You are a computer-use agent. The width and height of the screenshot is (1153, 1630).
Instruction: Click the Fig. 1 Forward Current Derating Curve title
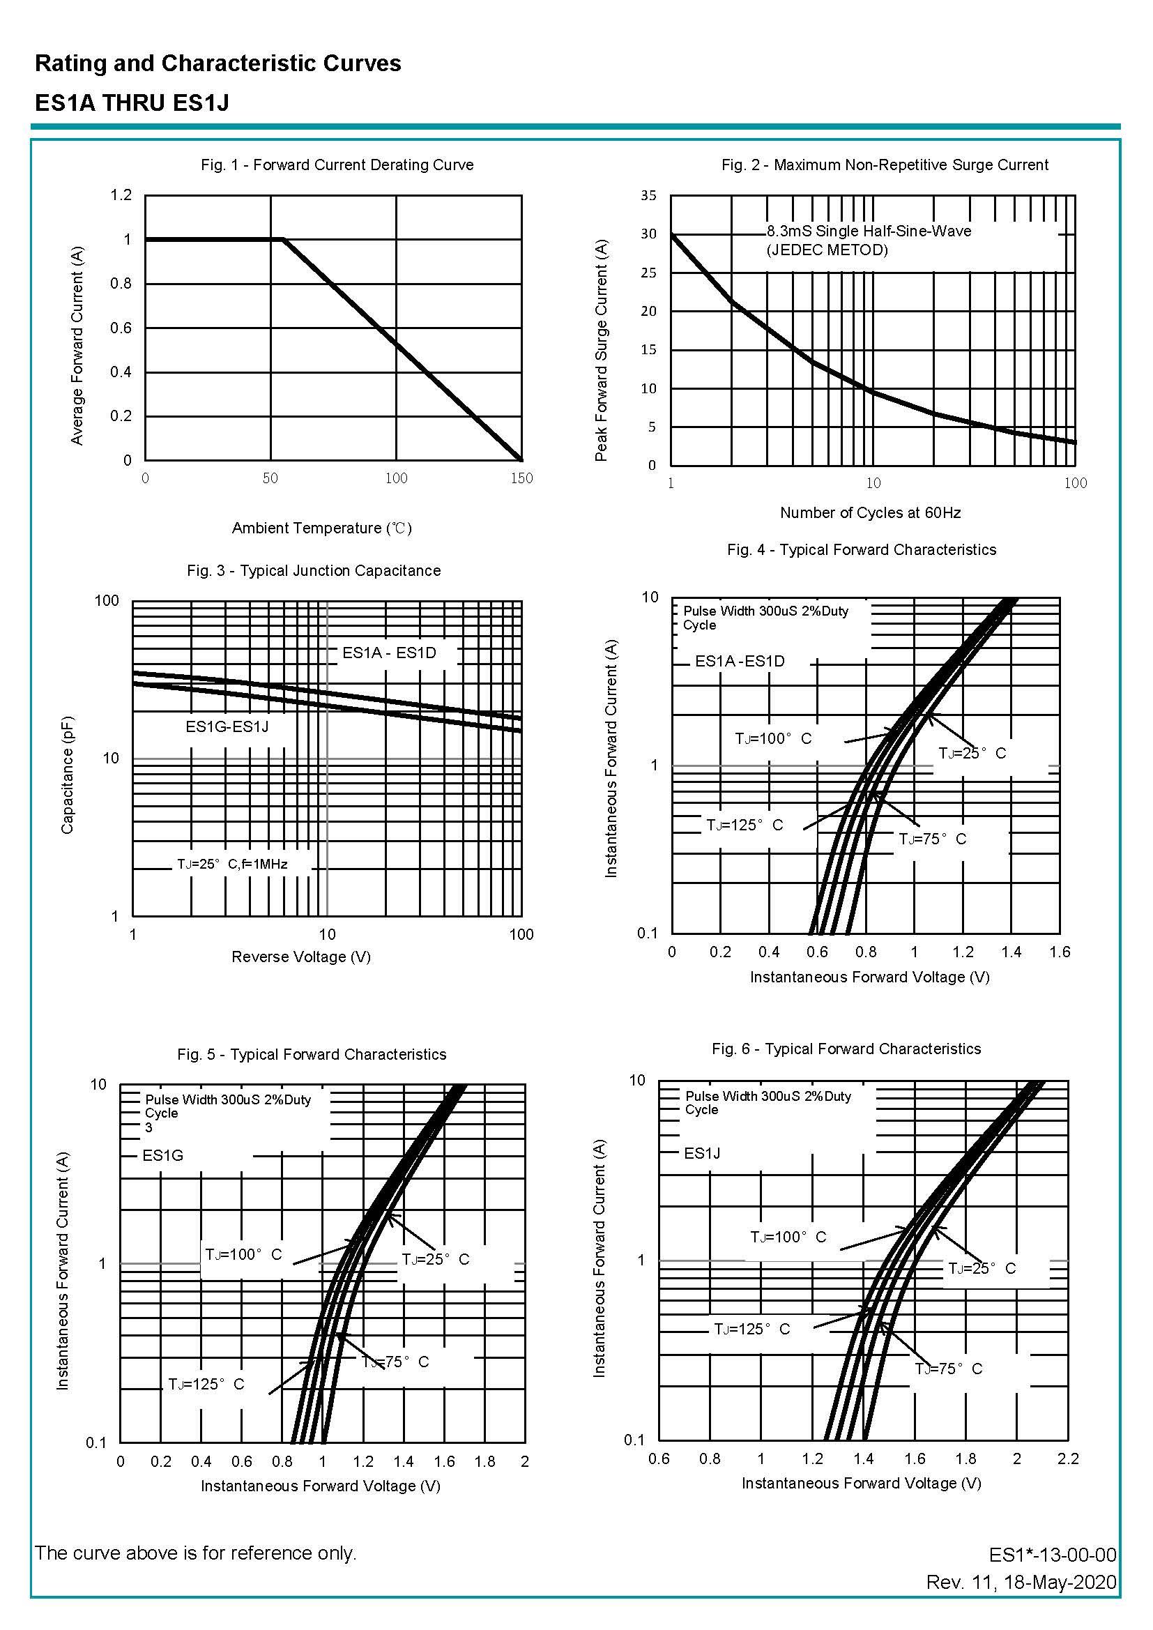337,165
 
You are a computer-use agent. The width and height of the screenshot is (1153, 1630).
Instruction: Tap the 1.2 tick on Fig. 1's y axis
121,195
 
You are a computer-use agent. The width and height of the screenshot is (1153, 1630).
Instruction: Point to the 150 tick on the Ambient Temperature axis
521,478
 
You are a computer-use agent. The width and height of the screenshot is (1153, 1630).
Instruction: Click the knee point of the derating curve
283,239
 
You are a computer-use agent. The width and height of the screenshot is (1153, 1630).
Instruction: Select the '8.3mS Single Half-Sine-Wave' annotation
869,231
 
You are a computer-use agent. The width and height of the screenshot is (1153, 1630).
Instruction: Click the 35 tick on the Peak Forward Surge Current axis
648,195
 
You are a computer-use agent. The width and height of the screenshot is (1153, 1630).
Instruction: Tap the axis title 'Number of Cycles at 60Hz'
870,512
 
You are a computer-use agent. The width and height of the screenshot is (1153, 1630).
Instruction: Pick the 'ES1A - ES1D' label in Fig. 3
389,653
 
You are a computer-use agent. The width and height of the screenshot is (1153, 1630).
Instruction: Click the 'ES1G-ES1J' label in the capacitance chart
227,726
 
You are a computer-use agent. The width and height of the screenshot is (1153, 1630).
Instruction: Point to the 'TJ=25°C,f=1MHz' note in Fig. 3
232,864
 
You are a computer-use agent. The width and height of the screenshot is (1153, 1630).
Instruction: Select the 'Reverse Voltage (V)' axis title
301,957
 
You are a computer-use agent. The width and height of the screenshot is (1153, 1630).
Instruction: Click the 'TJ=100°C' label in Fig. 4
772,738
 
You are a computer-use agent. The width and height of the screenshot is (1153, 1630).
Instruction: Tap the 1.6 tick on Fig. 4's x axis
1060,952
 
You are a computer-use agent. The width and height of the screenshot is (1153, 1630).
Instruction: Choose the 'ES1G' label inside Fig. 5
162,1155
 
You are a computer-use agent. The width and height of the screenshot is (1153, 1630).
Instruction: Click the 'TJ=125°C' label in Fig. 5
206,1384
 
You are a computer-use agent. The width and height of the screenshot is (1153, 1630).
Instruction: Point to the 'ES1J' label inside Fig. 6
701,1153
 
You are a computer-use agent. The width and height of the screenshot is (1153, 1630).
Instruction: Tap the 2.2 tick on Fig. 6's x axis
1067,1458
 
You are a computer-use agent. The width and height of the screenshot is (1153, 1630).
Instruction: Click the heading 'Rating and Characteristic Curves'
218,63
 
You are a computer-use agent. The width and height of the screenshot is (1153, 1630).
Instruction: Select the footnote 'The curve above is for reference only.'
196,1553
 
